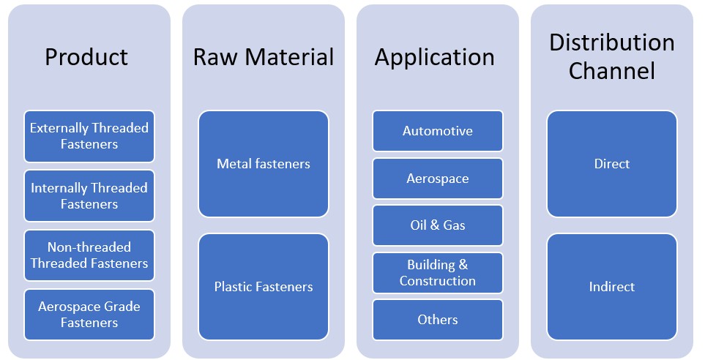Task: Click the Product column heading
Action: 86,57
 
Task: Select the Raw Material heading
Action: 263,57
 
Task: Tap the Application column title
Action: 434,57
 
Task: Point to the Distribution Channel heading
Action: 611,56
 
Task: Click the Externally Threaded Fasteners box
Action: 89,136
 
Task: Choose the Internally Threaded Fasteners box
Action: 89,195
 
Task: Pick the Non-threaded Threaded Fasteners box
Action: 89,255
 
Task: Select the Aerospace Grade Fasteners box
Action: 89,315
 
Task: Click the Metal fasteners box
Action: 264,164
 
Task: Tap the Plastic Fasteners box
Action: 264,287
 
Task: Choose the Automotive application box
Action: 438,131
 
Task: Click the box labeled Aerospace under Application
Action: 438,179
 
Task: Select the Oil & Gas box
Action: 438,225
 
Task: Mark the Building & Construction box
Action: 438,272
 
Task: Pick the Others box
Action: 438,320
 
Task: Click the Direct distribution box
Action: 612,164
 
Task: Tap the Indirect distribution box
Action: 612,287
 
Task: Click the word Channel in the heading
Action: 611,71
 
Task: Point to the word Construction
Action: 438,281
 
